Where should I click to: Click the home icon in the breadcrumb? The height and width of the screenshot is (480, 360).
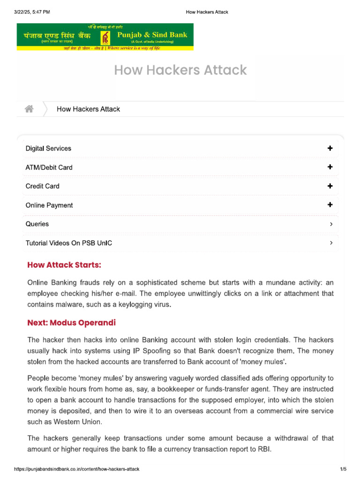point(29,109)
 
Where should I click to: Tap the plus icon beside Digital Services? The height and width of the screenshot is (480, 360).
point(330,149)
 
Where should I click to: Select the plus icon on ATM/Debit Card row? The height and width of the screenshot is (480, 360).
point(330,167)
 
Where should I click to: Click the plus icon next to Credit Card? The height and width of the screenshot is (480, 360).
point(330,186)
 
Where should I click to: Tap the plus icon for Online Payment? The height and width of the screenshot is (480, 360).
point(330,205)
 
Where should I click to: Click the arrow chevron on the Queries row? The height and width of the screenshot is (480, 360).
point(331,224)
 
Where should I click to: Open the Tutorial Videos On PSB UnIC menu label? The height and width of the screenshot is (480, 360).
point(68,243)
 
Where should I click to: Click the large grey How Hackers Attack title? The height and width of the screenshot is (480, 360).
point(180,70)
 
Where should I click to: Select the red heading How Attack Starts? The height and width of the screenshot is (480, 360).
point(64,265)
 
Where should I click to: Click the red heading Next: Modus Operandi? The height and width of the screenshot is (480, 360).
point(71,323)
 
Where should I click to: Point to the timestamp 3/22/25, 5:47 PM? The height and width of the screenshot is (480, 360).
point(32,12)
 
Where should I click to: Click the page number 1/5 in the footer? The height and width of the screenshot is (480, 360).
point(343,469)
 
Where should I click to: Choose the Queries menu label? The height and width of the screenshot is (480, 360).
point(37,224)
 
